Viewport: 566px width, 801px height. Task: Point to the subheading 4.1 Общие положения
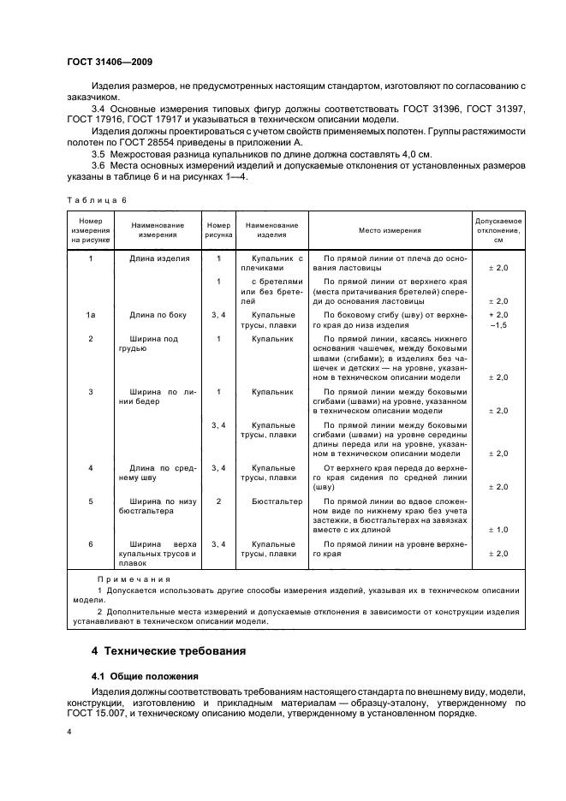144,675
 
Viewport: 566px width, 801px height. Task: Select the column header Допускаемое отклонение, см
498,230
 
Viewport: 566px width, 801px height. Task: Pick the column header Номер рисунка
218,230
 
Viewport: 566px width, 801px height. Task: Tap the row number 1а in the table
91,316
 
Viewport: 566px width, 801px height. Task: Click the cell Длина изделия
159,258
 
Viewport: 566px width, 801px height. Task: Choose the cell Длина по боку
159,316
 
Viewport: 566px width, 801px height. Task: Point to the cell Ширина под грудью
154,344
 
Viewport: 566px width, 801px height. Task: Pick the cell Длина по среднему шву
160,473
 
